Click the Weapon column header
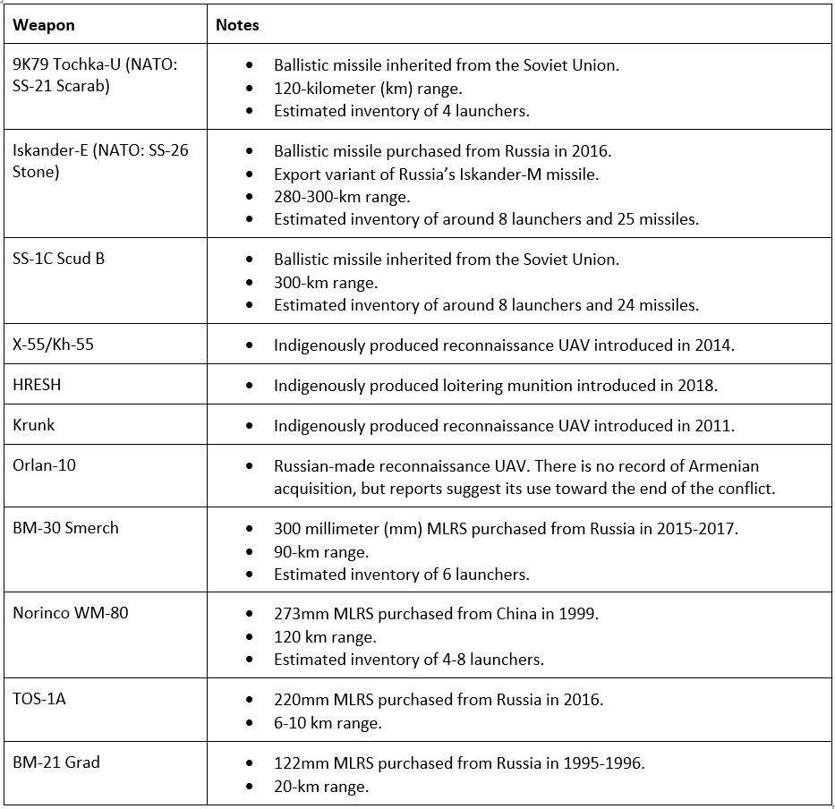click(44, 25)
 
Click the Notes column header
click(237, 25)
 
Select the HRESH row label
click(38, 385)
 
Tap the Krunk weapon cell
click(34, 424)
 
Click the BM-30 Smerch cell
click(65, 527)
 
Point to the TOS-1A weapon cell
click(39, 698)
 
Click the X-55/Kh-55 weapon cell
click(53, 345)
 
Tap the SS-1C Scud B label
click(58, 260)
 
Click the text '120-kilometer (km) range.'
click(368, 89)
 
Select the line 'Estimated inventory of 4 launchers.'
click(402, 111)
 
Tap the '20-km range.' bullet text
click(321, 787)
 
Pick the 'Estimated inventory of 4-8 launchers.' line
click(409, 660)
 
